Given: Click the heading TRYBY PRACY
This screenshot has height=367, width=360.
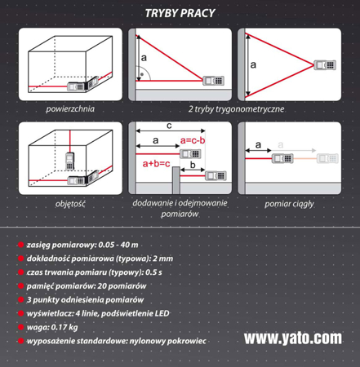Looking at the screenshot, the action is (x=180, y=13).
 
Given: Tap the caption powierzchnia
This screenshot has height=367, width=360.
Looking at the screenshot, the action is (x=70, y=109).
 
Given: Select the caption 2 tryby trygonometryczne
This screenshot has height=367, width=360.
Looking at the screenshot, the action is (x=236, y=109).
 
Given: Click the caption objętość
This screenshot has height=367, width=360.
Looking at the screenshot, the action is (x=70, y=204).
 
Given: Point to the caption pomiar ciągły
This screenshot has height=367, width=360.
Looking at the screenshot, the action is (x=289, y=204).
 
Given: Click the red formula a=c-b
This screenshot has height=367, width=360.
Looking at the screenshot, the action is (x=193, y=140).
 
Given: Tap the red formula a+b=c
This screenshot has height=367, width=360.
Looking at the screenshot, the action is (x=156, y=163).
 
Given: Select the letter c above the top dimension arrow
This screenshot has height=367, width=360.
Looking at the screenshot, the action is (x=169, y=126).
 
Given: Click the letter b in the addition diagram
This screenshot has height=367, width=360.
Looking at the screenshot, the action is (x=193, y=165).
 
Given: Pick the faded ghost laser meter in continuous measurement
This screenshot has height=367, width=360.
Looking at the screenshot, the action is (x=327, y=158).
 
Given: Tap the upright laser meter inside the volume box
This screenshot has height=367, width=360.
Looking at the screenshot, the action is (x=69, y=161).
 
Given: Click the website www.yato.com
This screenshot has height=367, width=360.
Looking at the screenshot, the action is (x=293, y=338).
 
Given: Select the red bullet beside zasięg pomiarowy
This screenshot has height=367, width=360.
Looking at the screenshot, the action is (x=20, y=245).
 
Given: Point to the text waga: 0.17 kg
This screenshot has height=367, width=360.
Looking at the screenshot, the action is (x=52, y=327).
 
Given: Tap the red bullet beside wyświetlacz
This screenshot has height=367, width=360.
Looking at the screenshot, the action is (x=20, y=313).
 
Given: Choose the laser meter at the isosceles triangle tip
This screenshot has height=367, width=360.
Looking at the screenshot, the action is (x=325, y=65).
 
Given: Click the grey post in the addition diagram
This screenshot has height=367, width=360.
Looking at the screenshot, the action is (x=176, y=180).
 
